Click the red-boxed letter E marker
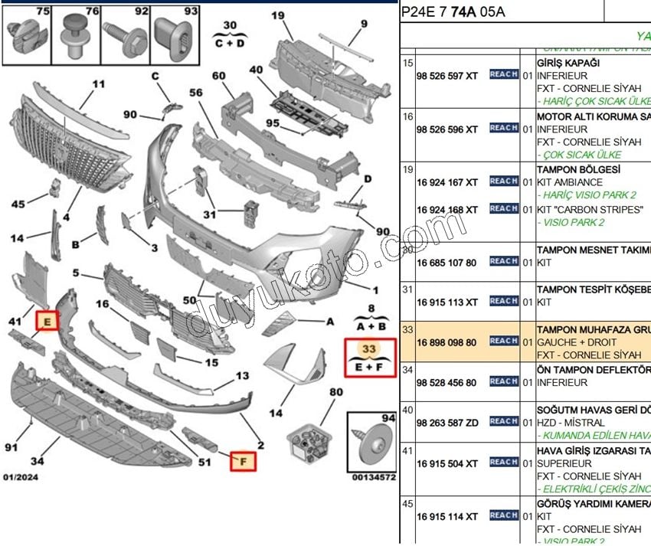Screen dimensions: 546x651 [x=47, y=322]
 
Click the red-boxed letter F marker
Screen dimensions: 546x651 [x=244, y=461]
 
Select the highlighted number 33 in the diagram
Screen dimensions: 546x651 [x=369, y=348]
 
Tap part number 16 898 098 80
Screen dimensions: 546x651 [x=447, y=342]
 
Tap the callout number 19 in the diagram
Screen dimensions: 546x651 [x=277, y=15]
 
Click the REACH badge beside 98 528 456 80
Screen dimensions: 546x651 [x=503, y=381]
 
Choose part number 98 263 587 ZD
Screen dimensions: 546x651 [x=447, y=422]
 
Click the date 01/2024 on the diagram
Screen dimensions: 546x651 [x=21, y=478]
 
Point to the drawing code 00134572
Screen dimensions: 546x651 [x=374, y=477]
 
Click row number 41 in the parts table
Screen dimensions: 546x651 [x=407, y=450]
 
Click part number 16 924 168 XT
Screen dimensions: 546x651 [x=447, y=210]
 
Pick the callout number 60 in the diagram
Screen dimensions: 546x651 [x=219, y=76]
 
